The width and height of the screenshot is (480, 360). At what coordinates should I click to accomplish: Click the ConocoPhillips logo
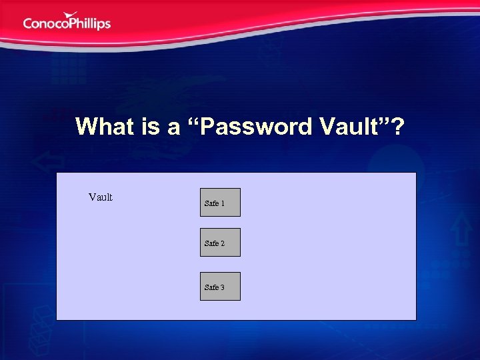click(x=67, y=22)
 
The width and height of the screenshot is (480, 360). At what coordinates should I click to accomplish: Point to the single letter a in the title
click(x=173, y=127)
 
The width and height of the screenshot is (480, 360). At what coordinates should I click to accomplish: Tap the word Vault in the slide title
click(x=349, y=126)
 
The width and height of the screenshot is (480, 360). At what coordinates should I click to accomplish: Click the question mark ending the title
click(x=397, y=126)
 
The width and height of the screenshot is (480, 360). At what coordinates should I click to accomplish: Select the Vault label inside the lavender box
click(x=101, y=197)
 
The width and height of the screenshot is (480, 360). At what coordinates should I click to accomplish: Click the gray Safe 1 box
click(x=220, y=203)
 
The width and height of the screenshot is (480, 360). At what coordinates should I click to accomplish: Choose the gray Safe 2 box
click(x=220, y=243)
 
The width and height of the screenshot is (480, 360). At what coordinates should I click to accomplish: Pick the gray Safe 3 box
click(x=220, y=287)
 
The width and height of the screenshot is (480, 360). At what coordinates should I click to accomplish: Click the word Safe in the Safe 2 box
click(x=211, y=243)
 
